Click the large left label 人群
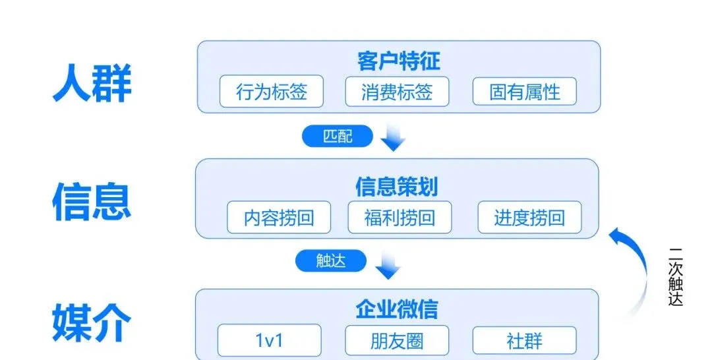pos(92,82)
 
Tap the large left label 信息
pos(92,201)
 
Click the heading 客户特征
pos(399,61)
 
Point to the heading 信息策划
pos(396,187)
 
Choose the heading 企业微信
pos(396,309)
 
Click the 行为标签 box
pos(272,92)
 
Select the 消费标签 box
pos(397,92)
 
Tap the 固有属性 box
pos(524,92)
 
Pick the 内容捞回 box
pos(279,218)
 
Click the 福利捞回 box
pos(400,218)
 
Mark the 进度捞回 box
pos(529,218)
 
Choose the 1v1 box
pos(270,340)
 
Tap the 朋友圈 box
pos(397,340)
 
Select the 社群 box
pos(524,340)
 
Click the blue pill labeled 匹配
pos(338,136)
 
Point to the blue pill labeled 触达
pos(330,261)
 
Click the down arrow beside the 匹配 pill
pos(393,138)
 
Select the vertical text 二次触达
pos(675,277)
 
